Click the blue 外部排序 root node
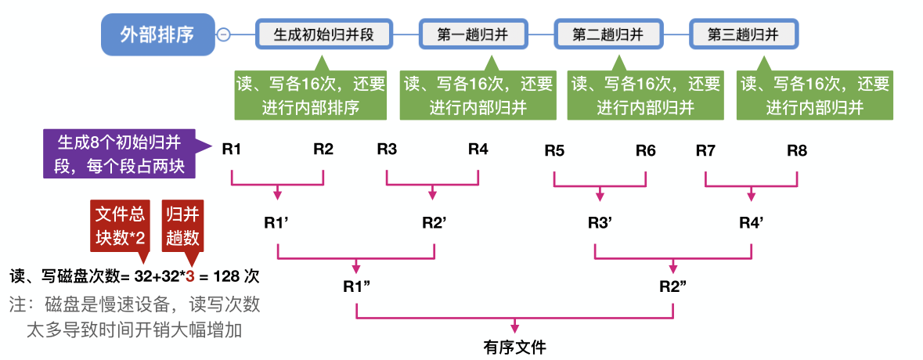(x=157, y=34)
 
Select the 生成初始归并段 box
(x=323, y=34)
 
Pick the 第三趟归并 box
(x=743, y=34)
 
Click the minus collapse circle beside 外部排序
(x=224, y=34)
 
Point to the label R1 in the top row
(x=231, y=149)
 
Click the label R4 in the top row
(x=478, y=149)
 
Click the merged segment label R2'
(x=434, y=222)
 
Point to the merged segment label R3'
(x=600, y=222)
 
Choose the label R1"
(x=356, y=286)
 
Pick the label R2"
(x=673, y=286)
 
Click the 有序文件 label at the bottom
(x=514, y=347)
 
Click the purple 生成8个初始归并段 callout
(x=119, y=154)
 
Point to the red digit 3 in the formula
(x=190, y=277)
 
